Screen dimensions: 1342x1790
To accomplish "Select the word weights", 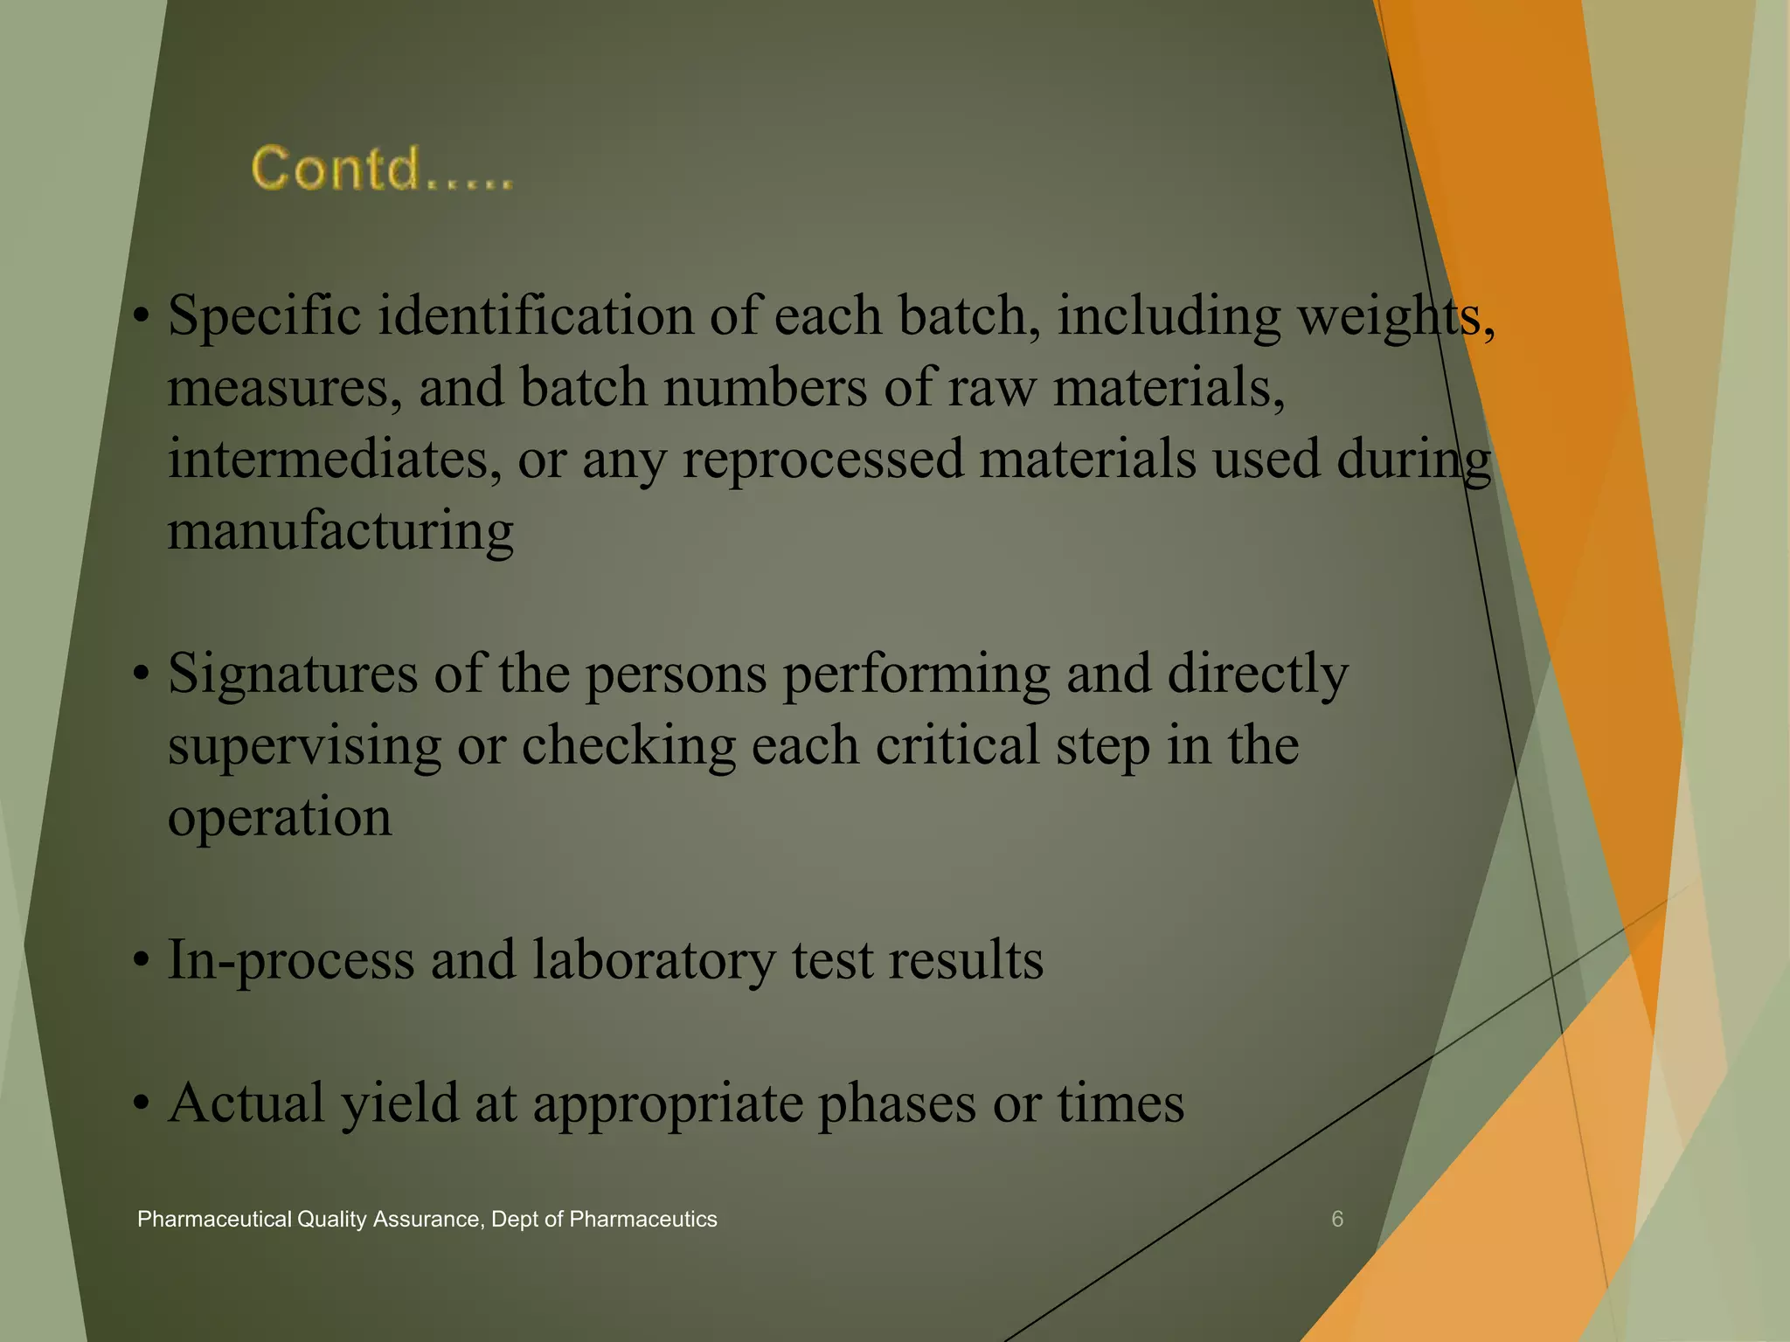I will [x=1395, y=316].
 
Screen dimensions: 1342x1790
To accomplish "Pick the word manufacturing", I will [x=340, y=531].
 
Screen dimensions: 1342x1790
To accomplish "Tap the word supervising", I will [x=304, y=746].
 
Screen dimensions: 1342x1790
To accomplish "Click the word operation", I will [x=279, y=818].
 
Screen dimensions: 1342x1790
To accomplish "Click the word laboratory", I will [x=653, y=959].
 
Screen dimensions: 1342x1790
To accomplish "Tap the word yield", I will [x=399, y=1103].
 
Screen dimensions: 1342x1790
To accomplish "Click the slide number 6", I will [x=1336, y=1219].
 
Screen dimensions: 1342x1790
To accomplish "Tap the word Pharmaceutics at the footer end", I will [x=642, y=1219].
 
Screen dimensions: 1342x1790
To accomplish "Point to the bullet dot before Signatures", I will [x=142, y=674].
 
